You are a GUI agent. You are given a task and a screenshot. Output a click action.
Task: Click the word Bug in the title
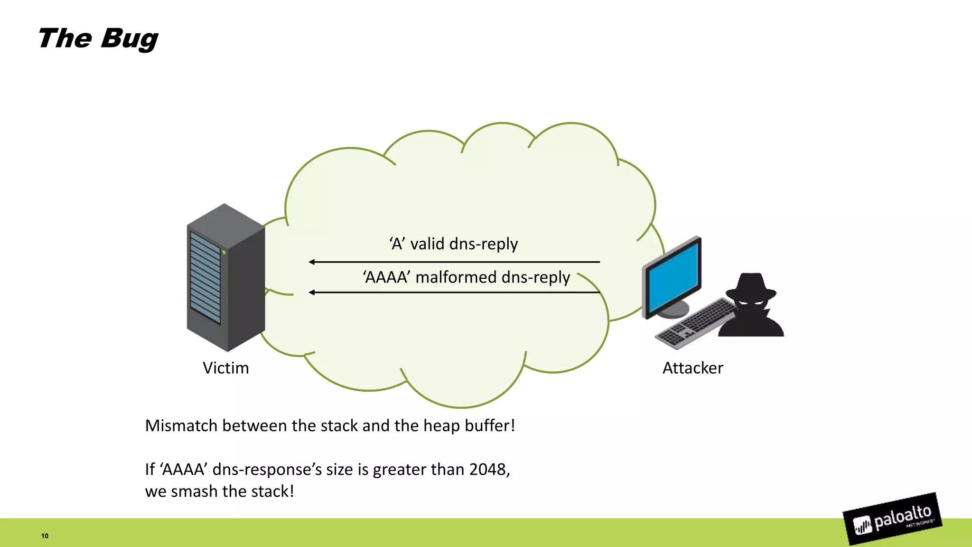(x=129, y=39)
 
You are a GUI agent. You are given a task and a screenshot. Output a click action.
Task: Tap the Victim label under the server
(x=225, y=368)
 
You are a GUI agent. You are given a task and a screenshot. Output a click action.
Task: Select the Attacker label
(x=692, y=368)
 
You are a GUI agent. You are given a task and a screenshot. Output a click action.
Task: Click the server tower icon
(x=225, y=278)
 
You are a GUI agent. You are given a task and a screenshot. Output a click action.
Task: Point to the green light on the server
(x=224, y=252)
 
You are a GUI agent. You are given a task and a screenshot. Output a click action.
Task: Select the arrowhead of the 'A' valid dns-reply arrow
(x=312, y=262)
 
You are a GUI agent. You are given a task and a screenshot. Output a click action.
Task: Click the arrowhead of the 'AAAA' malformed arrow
(x=312, y=292)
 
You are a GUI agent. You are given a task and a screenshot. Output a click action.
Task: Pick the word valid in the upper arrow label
(x=427, y=244)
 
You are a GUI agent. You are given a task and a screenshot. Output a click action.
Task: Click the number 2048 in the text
(x=488, y=469)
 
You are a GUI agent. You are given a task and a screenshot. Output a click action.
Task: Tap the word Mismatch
(x=181, y=425)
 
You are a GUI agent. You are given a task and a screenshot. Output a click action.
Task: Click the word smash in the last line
(x=194, y=491)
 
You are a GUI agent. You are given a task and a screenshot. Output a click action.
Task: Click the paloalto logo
(x=892, y=519)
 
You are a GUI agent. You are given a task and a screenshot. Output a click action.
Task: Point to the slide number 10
(x=45, y=536)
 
